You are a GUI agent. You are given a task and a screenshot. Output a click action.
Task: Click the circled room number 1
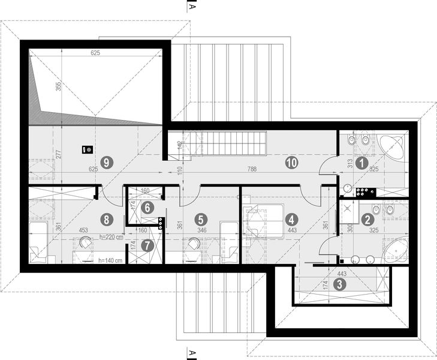click(361, 162)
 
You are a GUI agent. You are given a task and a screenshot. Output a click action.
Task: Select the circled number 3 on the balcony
click(339, 284)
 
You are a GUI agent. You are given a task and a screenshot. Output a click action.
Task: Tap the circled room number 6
click(147, 206)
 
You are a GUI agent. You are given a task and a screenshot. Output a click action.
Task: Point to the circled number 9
click(106, 161)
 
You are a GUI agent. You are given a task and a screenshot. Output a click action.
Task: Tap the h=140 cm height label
click(110, 261)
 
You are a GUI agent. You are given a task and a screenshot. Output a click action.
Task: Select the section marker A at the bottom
click(191, 352)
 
